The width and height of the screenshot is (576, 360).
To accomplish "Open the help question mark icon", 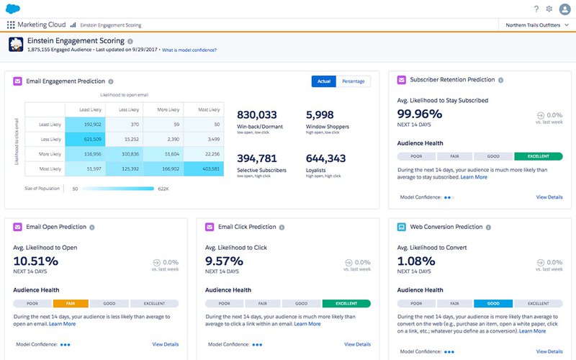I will [536, 9].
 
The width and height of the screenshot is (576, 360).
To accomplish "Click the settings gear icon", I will [549, 9].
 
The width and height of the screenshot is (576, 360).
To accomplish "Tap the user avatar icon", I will [564, 9].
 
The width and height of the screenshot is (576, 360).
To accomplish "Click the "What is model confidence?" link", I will [189, 50].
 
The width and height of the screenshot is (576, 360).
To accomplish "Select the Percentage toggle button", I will [353, 81].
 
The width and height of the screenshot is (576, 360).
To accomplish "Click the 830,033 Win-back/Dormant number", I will [257, 115].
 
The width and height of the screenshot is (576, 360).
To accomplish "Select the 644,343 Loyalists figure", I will [326, 158].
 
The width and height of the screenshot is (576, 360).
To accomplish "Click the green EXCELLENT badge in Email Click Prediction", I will [346, 304].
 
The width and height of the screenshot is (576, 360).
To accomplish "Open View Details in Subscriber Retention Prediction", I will [549, 197].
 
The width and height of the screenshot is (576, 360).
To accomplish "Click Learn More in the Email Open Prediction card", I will [62, 323].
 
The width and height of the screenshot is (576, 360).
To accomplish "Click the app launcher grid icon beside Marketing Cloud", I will [11, 24].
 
